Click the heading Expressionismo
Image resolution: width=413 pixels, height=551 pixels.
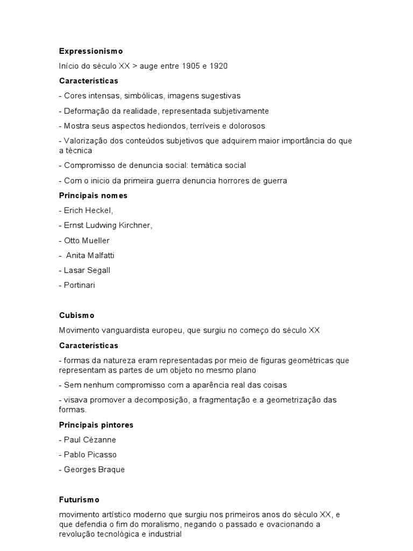91,51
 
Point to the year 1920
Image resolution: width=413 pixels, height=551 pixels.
218,66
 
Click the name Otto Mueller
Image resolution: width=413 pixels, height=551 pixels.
87,241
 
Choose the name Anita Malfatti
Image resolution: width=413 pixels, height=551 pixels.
90,256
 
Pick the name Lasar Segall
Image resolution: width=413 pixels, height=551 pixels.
87,270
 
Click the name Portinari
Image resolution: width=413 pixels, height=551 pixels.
79,285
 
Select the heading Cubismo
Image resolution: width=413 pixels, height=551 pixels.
77,315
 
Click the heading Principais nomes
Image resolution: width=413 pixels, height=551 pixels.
93,195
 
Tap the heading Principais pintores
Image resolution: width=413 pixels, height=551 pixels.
96,425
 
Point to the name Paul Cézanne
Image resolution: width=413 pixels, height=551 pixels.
90,440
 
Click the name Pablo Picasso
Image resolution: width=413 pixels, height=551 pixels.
90,455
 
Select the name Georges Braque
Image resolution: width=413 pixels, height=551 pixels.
94,469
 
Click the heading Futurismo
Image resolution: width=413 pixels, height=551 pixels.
79,499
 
